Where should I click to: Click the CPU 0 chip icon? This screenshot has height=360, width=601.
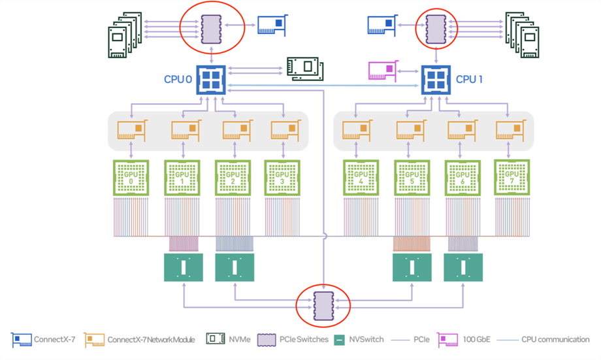[211, 80]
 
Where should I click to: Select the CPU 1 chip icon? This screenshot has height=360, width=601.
[436, 80]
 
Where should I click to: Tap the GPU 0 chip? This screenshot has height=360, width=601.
[131, 178]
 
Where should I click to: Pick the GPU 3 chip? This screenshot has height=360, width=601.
[282, 178]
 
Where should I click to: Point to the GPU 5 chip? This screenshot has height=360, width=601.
[412, 178]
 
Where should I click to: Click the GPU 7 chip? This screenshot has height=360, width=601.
[512, 178]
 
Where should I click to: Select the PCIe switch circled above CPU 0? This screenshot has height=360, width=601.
[211, 29]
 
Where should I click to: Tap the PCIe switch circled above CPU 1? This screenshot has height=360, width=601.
[436, 29]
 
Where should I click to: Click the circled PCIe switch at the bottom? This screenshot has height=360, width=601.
[323, 306]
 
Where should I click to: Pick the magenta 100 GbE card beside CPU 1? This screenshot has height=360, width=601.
[383, 71]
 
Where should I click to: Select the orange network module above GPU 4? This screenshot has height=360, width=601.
[357, 131]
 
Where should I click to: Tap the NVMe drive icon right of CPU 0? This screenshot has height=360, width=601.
[306, 69]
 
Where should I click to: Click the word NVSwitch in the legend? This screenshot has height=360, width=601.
[366, 339]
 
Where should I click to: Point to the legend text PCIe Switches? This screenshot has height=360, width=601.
[304, 339]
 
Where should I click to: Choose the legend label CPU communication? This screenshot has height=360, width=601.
[555, 339]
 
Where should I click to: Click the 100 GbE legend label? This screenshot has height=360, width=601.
[476, 339]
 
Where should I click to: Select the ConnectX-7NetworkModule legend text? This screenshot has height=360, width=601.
[151, 340]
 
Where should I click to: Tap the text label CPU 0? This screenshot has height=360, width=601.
[178, 79]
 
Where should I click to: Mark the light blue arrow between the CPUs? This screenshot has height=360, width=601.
[323, 86]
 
